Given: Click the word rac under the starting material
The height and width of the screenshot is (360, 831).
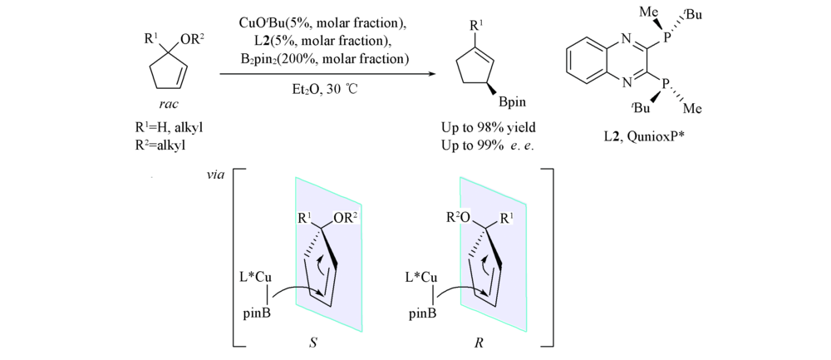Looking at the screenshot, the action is pos(168,103).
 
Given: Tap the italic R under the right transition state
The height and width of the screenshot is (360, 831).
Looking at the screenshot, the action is pos(478,343).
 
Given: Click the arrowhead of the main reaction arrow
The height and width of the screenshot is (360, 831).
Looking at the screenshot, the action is pos(430,74).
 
